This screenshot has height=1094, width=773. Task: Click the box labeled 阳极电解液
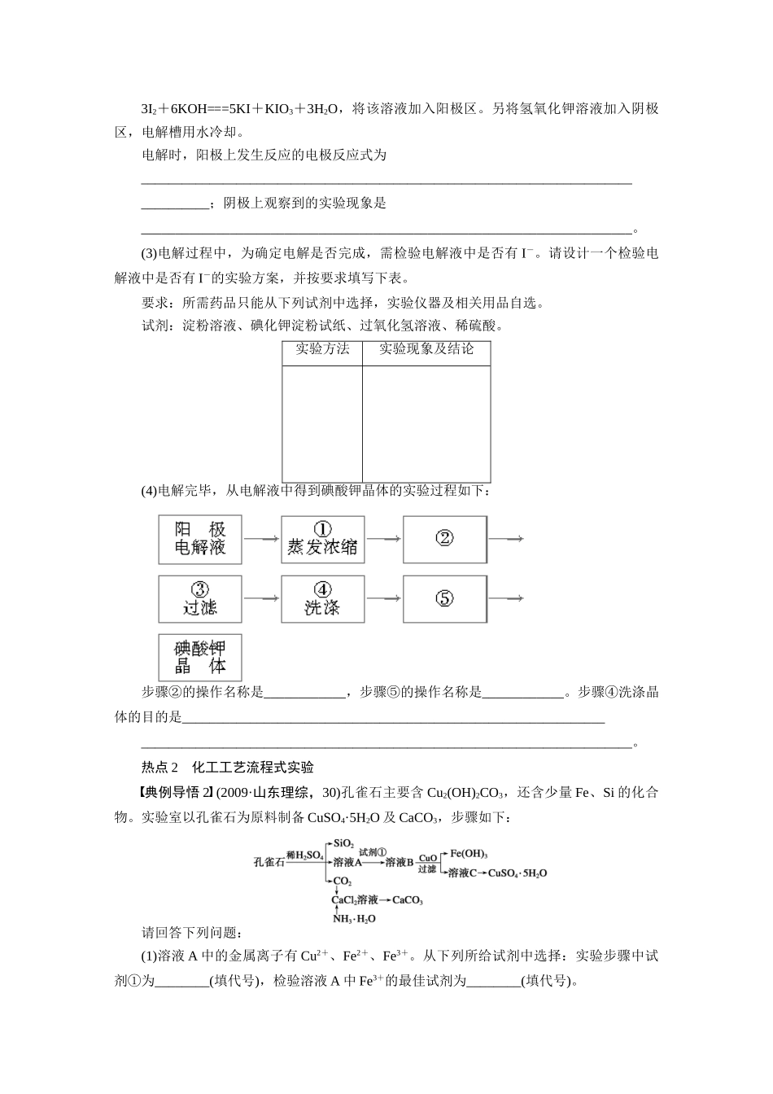(200, 539)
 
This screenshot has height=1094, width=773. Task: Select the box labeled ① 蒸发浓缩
(322, 539)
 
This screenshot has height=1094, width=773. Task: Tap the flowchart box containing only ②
(445, 539)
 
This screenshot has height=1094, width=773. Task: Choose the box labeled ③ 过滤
(200, 599)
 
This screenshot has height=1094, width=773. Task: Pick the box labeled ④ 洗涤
(322, 599)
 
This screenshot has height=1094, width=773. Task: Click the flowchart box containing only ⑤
(445, 599)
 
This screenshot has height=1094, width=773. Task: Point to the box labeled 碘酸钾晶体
(200, 659)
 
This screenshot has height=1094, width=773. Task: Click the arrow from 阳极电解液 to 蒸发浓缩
(261, 539)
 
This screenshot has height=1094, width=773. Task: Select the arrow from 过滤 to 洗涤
(261, 599)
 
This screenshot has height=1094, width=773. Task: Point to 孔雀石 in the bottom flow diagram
(269, 861)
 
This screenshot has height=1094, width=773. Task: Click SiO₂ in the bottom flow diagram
(343, 842)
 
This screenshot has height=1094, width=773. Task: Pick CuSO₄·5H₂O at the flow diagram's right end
(519, 873)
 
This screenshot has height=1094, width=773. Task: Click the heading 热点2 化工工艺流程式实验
(228, 767)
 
